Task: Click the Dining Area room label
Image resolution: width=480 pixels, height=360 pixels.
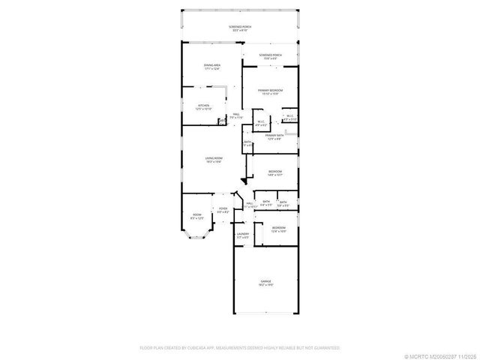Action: click(211, 67)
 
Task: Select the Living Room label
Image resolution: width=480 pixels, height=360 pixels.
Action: click(214, 160)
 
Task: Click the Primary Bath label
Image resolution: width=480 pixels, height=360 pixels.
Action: click(273, 136)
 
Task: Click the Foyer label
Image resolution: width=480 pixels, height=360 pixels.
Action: click(223, 211)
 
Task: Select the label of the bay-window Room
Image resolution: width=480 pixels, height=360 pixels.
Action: click(197, 217)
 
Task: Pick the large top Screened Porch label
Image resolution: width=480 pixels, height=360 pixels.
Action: click(240, 28)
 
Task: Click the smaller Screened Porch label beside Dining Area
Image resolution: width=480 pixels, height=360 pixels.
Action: click(270, 56)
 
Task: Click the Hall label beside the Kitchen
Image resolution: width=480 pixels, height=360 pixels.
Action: click(235, 116)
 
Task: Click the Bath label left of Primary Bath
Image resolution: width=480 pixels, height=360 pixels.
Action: click(247, 143)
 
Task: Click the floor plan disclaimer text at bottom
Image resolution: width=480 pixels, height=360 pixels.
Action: click(240, 348)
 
